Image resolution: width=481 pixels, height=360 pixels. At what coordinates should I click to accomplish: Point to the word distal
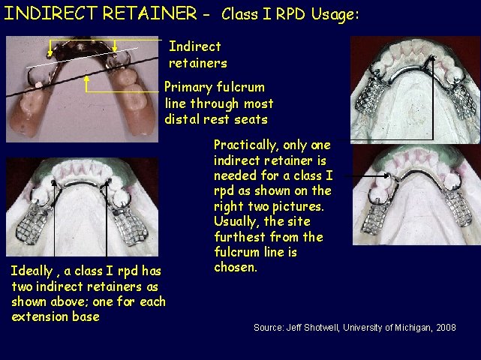pyautogui.click(x=182, y=119)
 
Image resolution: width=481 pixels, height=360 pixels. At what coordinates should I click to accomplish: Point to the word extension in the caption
pyautogui.click(x=40, y=316)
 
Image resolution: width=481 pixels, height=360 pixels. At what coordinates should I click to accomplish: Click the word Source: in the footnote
pyautogui.click(x=269, y=328)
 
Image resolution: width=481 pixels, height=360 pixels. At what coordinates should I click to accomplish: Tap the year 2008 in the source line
pyautogui.click(x=445, y=328)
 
